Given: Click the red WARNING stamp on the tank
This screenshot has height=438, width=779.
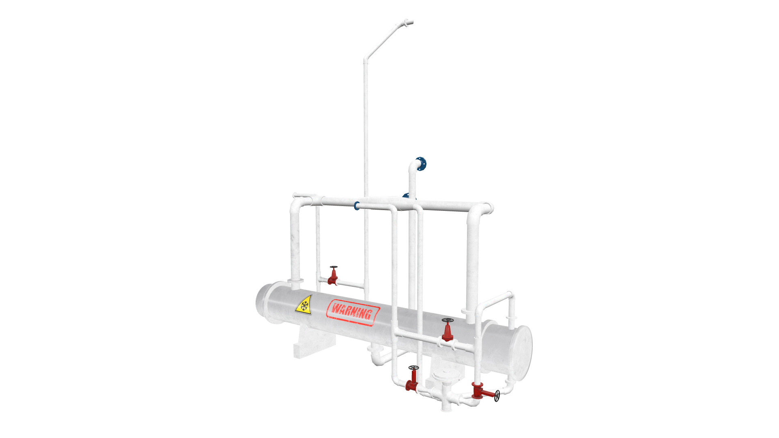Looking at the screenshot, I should point(352,313).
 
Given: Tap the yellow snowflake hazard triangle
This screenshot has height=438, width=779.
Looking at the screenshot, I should point(304,305).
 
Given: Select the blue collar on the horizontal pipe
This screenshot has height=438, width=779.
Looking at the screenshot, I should point(357,206).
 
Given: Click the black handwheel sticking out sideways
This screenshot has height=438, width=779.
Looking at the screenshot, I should point(497,396).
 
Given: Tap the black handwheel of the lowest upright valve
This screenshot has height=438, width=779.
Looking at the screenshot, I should point(413,368).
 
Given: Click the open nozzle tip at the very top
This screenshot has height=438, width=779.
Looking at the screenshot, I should point(410,22).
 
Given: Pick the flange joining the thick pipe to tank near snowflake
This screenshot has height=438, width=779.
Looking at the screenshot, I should point(295,281).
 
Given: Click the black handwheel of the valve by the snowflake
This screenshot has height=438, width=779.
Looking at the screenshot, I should point(334,267).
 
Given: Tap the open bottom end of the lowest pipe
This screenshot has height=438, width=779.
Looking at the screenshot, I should point(446,409).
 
